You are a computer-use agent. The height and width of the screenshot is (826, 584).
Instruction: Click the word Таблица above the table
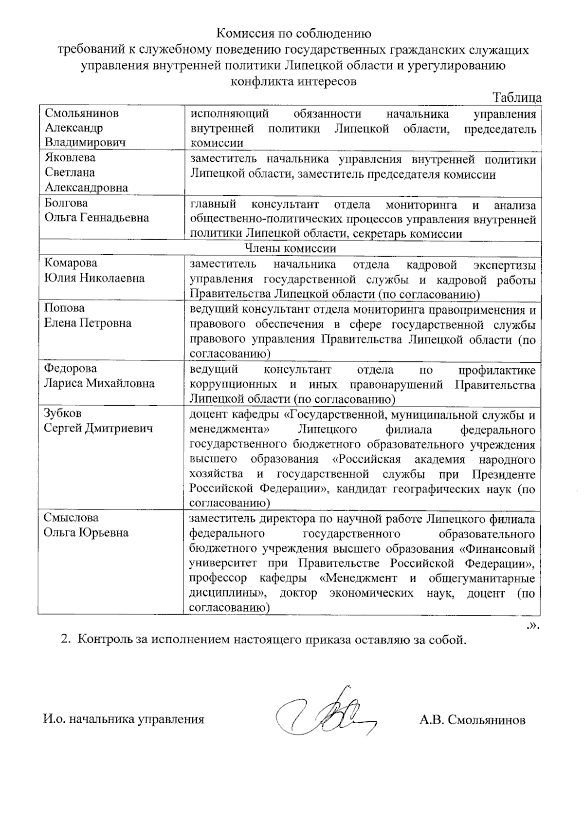pos(517,97)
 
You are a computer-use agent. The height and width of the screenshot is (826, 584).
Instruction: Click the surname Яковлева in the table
pos(70,158)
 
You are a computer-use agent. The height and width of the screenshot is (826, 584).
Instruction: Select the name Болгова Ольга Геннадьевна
pos(96,210)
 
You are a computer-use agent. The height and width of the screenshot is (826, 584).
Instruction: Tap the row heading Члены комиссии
pos(290,248)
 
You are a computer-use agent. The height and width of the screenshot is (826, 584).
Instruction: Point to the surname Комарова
pos(71,263)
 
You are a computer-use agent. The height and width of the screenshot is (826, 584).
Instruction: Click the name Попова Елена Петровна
pos(88,316)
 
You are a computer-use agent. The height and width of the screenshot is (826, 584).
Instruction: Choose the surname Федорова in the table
pos(71,368)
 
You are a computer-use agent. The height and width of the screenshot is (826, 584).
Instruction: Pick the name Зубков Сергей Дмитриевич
pos(98,421)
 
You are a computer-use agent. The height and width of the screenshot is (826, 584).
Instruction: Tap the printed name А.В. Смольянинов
pos(472,720)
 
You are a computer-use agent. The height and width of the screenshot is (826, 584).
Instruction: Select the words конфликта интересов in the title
pos(293,81)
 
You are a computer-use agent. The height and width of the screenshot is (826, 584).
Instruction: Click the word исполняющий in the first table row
pos(229,114)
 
